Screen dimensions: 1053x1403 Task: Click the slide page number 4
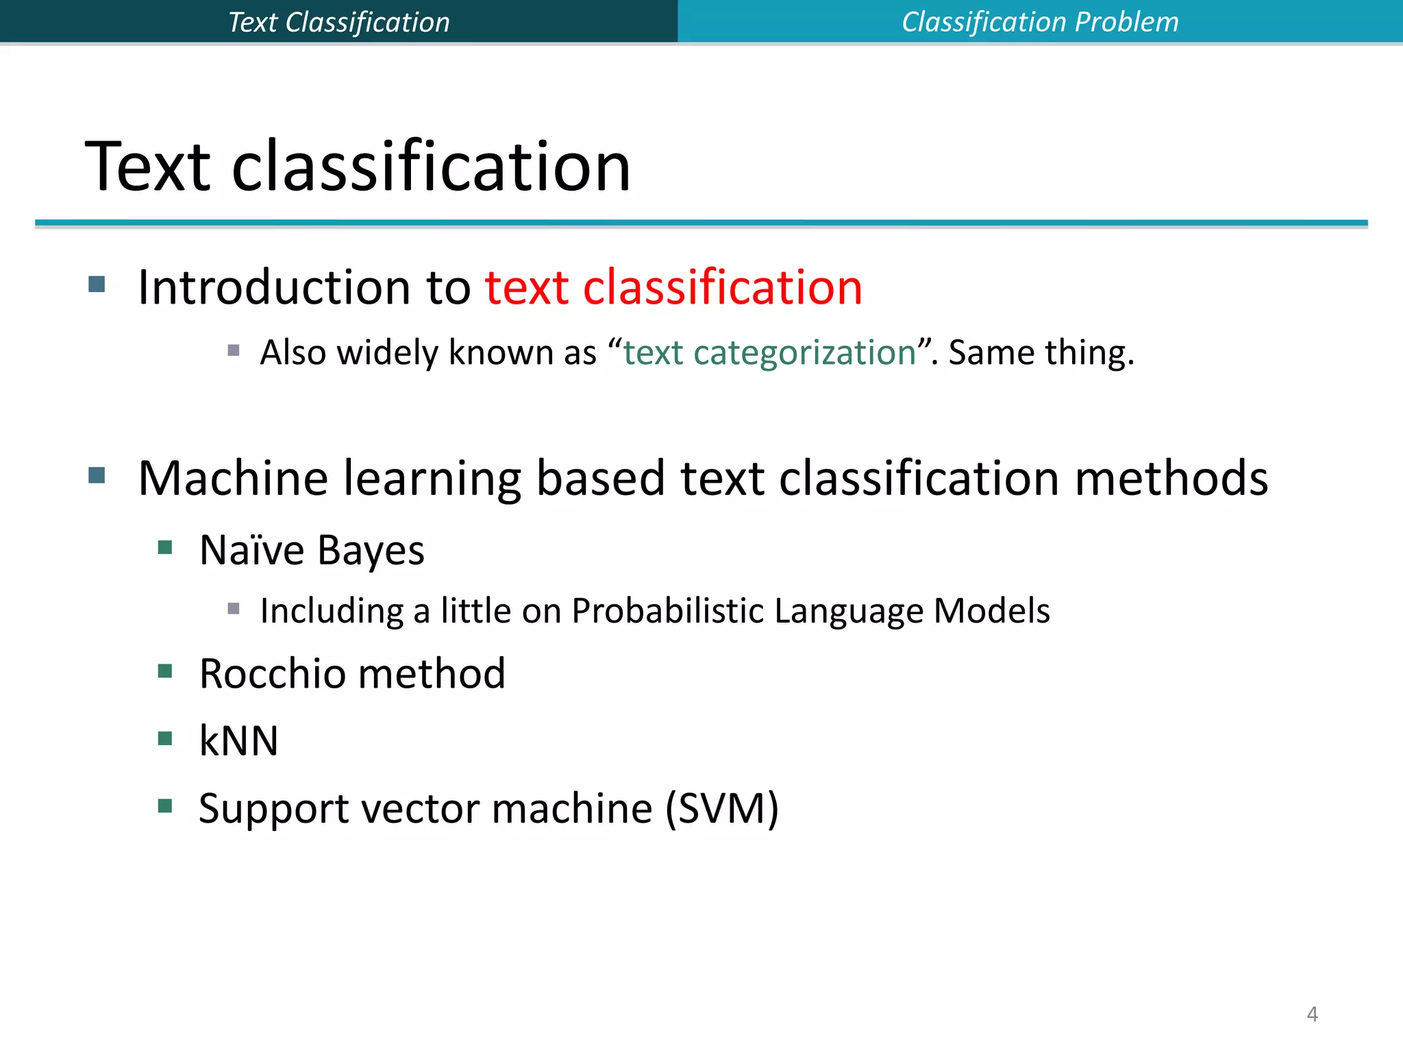pyautogui.click(x=1312, y=1013)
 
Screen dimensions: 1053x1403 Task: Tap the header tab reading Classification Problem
pyautogui.click(x=1039, y=22)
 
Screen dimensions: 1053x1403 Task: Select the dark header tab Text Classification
pyautogui.click(x=338, y=22)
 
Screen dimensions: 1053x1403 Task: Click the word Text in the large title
pyautogui.click(x=147, y=167)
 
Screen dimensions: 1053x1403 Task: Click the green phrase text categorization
pyautogui.click(x=769, y=353)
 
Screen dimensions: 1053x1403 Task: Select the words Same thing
pyautogui.click(x=1041, y=353)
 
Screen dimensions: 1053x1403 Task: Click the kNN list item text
pyautogui.click(x=238, y=740)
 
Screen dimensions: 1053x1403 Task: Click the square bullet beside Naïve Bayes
pyautogui.click(x=165, y=547)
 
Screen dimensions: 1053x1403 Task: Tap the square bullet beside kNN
pyautogui.click(x=165, y=738)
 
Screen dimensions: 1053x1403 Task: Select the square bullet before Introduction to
pyautogui.click(x=97, y=284)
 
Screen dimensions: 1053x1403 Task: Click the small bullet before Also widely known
pyautogui.click(x=234, y=350)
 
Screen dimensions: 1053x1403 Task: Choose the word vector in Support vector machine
pyautogui.click(x=421, y=808)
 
